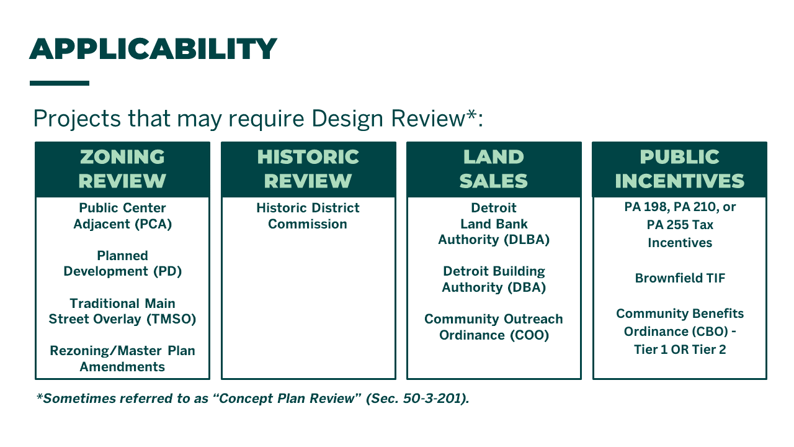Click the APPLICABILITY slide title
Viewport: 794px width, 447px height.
153,49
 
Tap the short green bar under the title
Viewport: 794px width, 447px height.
60,83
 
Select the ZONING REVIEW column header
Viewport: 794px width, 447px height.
122,169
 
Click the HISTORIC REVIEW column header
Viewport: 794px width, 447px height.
308,169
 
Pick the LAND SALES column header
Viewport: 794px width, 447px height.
494,169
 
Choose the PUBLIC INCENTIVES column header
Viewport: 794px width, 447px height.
679,169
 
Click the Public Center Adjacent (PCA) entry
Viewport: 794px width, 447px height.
122,216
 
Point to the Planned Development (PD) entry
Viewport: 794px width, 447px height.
122,263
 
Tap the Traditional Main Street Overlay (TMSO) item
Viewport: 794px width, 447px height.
122,311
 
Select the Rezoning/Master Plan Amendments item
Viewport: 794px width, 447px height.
122,358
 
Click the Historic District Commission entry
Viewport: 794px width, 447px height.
308,216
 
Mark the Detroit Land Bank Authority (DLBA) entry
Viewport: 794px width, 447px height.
494,223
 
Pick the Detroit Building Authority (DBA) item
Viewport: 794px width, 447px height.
494,279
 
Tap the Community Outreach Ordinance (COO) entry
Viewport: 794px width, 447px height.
494,327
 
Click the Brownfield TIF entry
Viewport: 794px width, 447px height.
680,278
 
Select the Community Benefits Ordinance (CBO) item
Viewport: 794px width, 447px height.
680,332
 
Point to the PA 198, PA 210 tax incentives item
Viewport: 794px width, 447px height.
680,224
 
